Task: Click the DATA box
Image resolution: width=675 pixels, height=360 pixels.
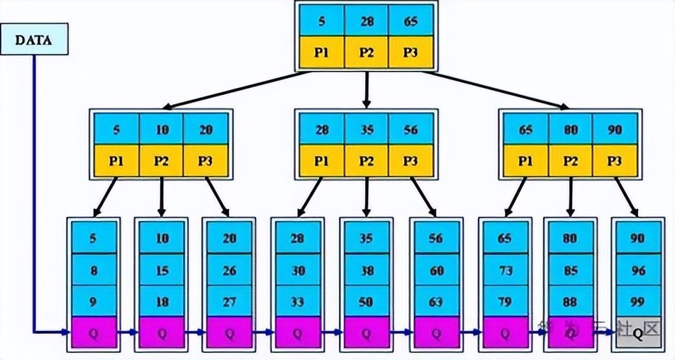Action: click(x=35, y=40)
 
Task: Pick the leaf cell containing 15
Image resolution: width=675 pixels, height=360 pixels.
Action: click(x=162, y=271)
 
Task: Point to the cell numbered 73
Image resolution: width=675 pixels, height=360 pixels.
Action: click(x=504, y=271)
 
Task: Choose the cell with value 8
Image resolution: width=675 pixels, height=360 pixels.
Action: click(x=93, y=271)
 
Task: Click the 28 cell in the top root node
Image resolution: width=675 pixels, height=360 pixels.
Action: click(x=366, y=21)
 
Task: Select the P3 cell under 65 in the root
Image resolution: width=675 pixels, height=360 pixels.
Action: click(x=411, y=53)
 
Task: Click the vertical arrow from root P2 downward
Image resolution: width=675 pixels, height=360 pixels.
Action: click(x=366, y=89)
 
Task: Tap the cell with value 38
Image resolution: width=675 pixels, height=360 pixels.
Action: click(x=366, y=271)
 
